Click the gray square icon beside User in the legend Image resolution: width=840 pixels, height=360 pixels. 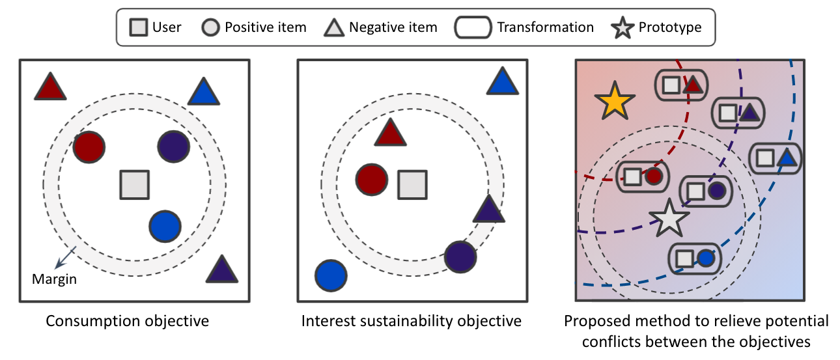[x=137, y=27]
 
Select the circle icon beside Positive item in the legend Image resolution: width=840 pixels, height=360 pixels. [x=210, y=27]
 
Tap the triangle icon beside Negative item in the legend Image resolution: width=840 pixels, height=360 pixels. [x=334, y=27]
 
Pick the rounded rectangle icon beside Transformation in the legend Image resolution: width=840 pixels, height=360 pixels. [x=473, y=27]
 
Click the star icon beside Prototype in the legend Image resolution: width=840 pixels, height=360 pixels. [x=622, y=27]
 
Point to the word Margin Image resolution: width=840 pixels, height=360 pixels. [x=54, y=279]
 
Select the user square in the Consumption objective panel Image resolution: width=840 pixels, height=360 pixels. [x=135, y=184]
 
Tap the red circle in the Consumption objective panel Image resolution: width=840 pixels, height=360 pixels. [x=89, y=146]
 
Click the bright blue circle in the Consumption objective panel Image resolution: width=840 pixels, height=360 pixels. [x=165, y=227]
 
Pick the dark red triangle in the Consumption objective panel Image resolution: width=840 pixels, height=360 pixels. [x=50, y=87]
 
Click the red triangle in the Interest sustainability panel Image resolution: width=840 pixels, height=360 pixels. [x=391, y=133]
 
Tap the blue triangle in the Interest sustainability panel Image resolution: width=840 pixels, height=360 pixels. [x=502, y=82]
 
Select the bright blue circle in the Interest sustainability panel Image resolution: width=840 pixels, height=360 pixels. [x=331, y=275]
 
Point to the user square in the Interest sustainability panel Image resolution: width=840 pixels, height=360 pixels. [x=412, y=184]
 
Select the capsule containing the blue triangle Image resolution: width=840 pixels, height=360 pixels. [x=776, y=158]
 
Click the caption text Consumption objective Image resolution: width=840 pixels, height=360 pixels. [x=127, y=321]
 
